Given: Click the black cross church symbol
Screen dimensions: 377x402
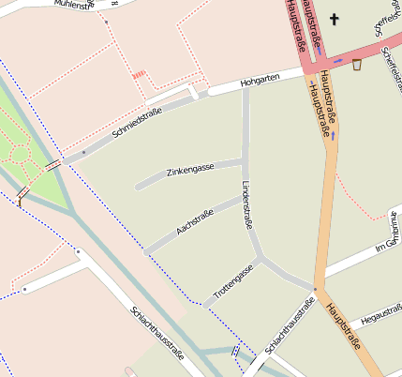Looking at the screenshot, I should click(x=334, y=19).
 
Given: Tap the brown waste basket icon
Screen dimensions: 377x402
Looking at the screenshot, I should click(x=356, y=65).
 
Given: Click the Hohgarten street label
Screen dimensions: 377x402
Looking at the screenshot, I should click(x=259, y=83).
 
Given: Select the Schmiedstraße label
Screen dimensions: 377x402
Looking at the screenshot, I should click(x=137, y=123).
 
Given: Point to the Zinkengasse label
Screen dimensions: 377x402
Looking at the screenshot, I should click(x=190, y=170).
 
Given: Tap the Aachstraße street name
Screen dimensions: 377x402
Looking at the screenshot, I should click(x=195, y=221).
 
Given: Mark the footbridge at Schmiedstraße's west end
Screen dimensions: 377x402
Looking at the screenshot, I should click(x=52, y=164).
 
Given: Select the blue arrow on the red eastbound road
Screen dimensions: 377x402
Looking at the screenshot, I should click(x=337, y=62).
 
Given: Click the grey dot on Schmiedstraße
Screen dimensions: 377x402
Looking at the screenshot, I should click(x=83, y=151).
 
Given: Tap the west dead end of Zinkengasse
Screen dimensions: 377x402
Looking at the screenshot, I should click(x=138, y=188).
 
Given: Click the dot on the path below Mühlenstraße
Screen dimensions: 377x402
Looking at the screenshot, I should click(x=106, y=21).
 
